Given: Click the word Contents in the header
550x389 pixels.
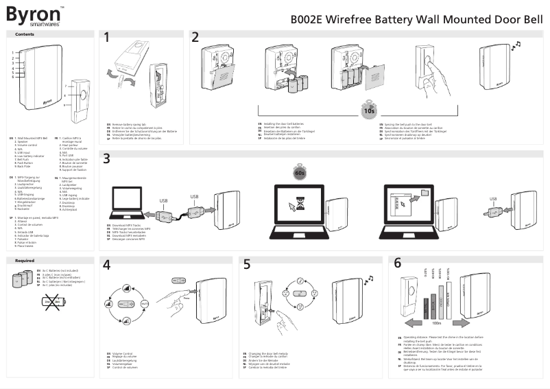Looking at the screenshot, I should click(x=25, y=34).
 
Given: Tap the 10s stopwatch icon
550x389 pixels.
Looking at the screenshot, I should click(x=368, y=110).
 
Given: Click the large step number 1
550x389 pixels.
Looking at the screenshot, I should click(x=107, y=38).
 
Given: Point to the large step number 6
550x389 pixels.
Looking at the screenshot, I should click(x=398, y=263).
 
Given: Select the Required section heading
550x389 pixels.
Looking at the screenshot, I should click(x=25, y=261).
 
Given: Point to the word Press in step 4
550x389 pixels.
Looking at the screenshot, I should click(x=186, y=299).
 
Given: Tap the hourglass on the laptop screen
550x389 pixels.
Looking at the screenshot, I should click(x=299, y=200).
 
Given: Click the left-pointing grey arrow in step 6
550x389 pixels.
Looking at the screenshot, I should click(x=416, y=322).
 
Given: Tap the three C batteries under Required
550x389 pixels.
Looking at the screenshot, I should click(x=25, y=280).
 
